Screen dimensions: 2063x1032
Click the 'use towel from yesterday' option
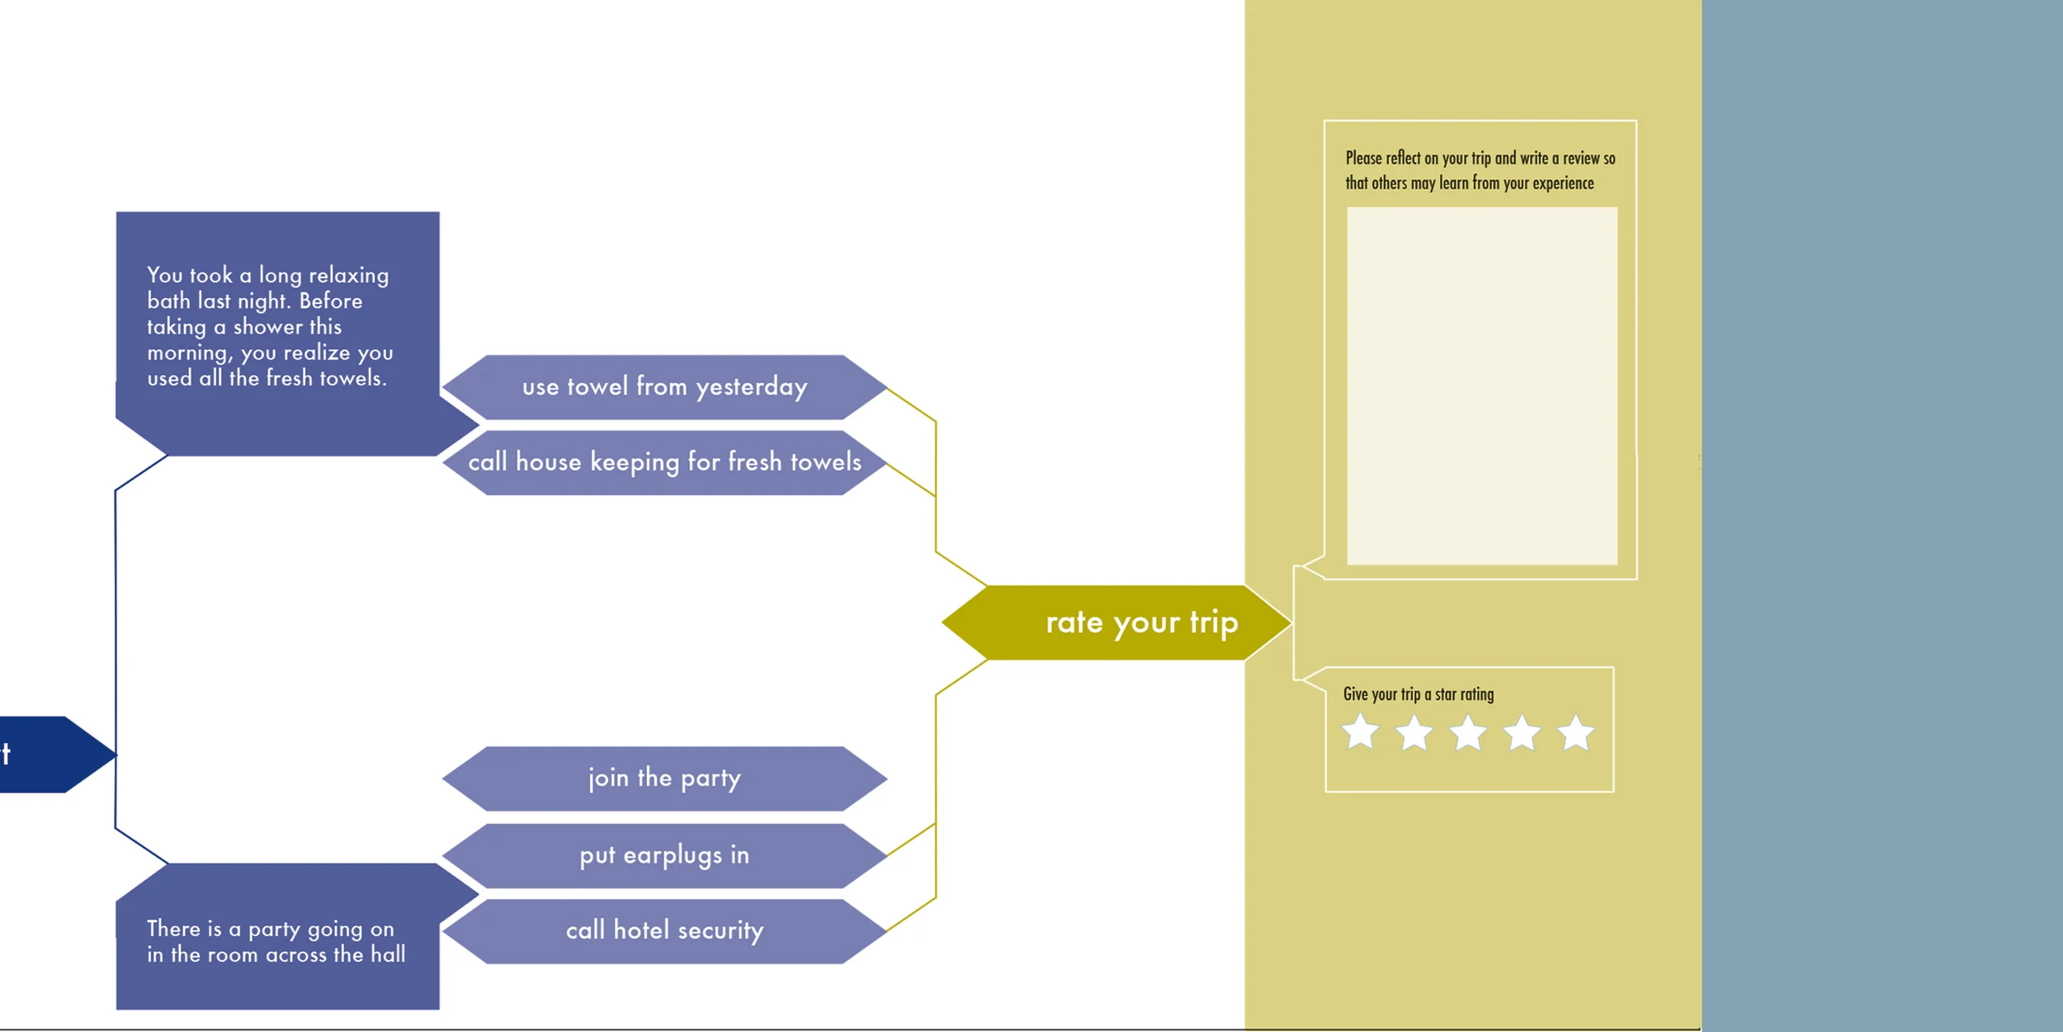(664, 386)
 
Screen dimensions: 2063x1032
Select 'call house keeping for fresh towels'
(664, 462)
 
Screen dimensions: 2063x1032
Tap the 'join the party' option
(664, 778)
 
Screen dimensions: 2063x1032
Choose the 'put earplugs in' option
(664, 855)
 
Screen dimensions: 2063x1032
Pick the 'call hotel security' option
(664, 930)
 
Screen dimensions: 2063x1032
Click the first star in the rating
(1360, 732)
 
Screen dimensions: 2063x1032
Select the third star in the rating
(1468, 732)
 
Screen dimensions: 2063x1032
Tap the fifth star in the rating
(1575, 732)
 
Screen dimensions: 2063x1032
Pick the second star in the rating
(1414, 732)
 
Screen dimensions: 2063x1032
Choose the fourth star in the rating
(1522, 732)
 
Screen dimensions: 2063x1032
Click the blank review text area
(1482, 386)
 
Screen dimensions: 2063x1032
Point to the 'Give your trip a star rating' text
(1418, 694)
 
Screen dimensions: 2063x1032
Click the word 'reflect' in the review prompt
(1403, 158)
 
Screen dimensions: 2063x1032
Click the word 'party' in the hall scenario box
(274, 930)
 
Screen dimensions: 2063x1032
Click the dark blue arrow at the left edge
(50, 755)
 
